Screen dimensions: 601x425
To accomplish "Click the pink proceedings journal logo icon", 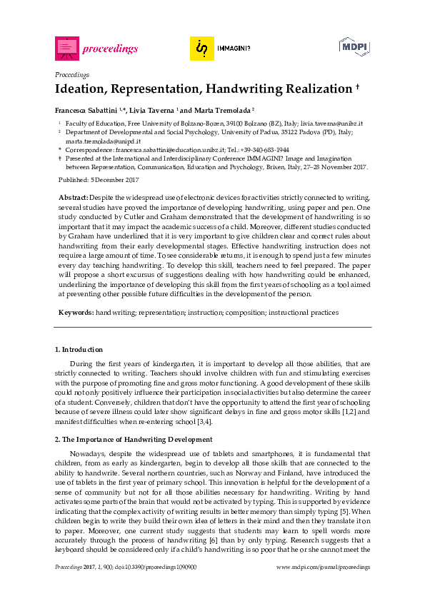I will click(x=66, y=48).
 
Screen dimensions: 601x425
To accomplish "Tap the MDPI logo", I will click(x=354, y=47).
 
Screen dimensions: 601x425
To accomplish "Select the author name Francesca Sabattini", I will click(x=87, y=111).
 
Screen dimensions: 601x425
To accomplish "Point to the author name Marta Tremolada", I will click(x=221, y=111).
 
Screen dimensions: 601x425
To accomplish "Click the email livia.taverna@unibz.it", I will click(x=332, y=123).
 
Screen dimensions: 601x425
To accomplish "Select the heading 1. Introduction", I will click(x=79, y=350).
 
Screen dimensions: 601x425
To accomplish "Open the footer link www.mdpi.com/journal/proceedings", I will click(x=323, y=567).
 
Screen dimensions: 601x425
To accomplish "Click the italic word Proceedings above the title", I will click(x=72, y=74).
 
